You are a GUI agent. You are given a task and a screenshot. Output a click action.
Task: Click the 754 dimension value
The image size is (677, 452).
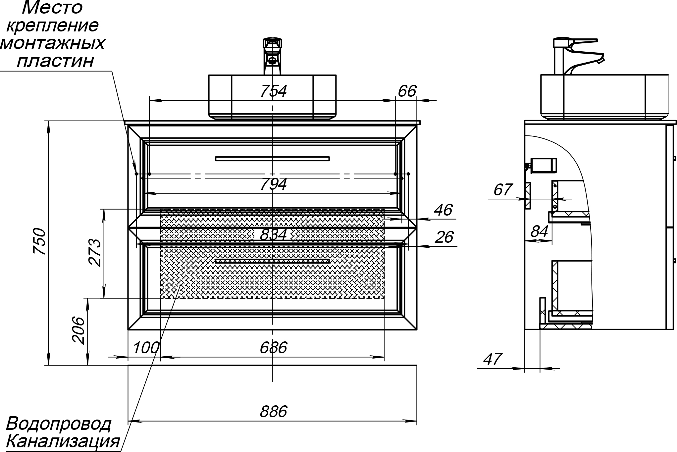(273, 91)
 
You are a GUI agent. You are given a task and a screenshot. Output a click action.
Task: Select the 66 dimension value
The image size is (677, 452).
(407, 91)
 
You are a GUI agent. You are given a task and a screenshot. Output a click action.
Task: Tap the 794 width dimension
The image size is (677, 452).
(273, 184)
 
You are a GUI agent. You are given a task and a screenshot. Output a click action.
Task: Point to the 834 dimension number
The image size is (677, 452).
(273, 234)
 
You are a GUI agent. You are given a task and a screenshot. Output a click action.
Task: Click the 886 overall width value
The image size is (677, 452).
(273, 412)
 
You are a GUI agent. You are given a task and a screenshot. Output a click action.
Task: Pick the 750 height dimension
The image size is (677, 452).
(40, 241)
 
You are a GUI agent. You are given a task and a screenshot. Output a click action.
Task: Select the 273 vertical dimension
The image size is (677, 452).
(95, 252)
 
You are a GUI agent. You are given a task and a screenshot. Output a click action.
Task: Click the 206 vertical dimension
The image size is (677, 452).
(79, 330)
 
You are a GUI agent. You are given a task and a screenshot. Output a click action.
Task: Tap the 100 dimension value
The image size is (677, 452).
(146, 348)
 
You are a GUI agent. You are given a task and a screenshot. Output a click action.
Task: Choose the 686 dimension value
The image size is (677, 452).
(273, 348)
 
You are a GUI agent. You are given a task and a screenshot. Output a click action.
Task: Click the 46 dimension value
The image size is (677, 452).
(443, 210)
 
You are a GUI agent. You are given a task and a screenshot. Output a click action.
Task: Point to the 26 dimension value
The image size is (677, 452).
(444, 237)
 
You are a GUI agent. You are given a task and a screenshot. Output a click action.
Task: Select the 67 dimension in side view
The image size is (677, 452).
(503, 190)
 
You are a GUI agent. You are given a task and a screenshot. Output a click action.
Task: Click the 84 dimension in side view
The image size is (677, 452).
(540, 231)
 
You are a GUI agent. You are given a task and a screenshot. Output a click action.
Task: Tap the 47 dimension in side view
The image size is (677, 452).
(493, 359)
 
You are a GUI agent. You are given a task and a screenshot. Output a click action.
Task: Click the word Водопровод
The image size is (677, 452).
(59, 424)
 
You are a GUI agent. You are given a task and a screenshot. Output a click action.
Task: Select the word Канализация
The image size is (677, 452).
(63, 441)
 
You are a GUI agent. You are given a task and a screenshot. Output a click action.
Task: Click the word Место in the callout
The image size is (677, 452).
(52, 8)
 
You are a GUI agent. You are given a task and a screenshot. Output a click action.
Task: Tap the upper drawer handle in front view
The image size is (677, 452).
(272, 159)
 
